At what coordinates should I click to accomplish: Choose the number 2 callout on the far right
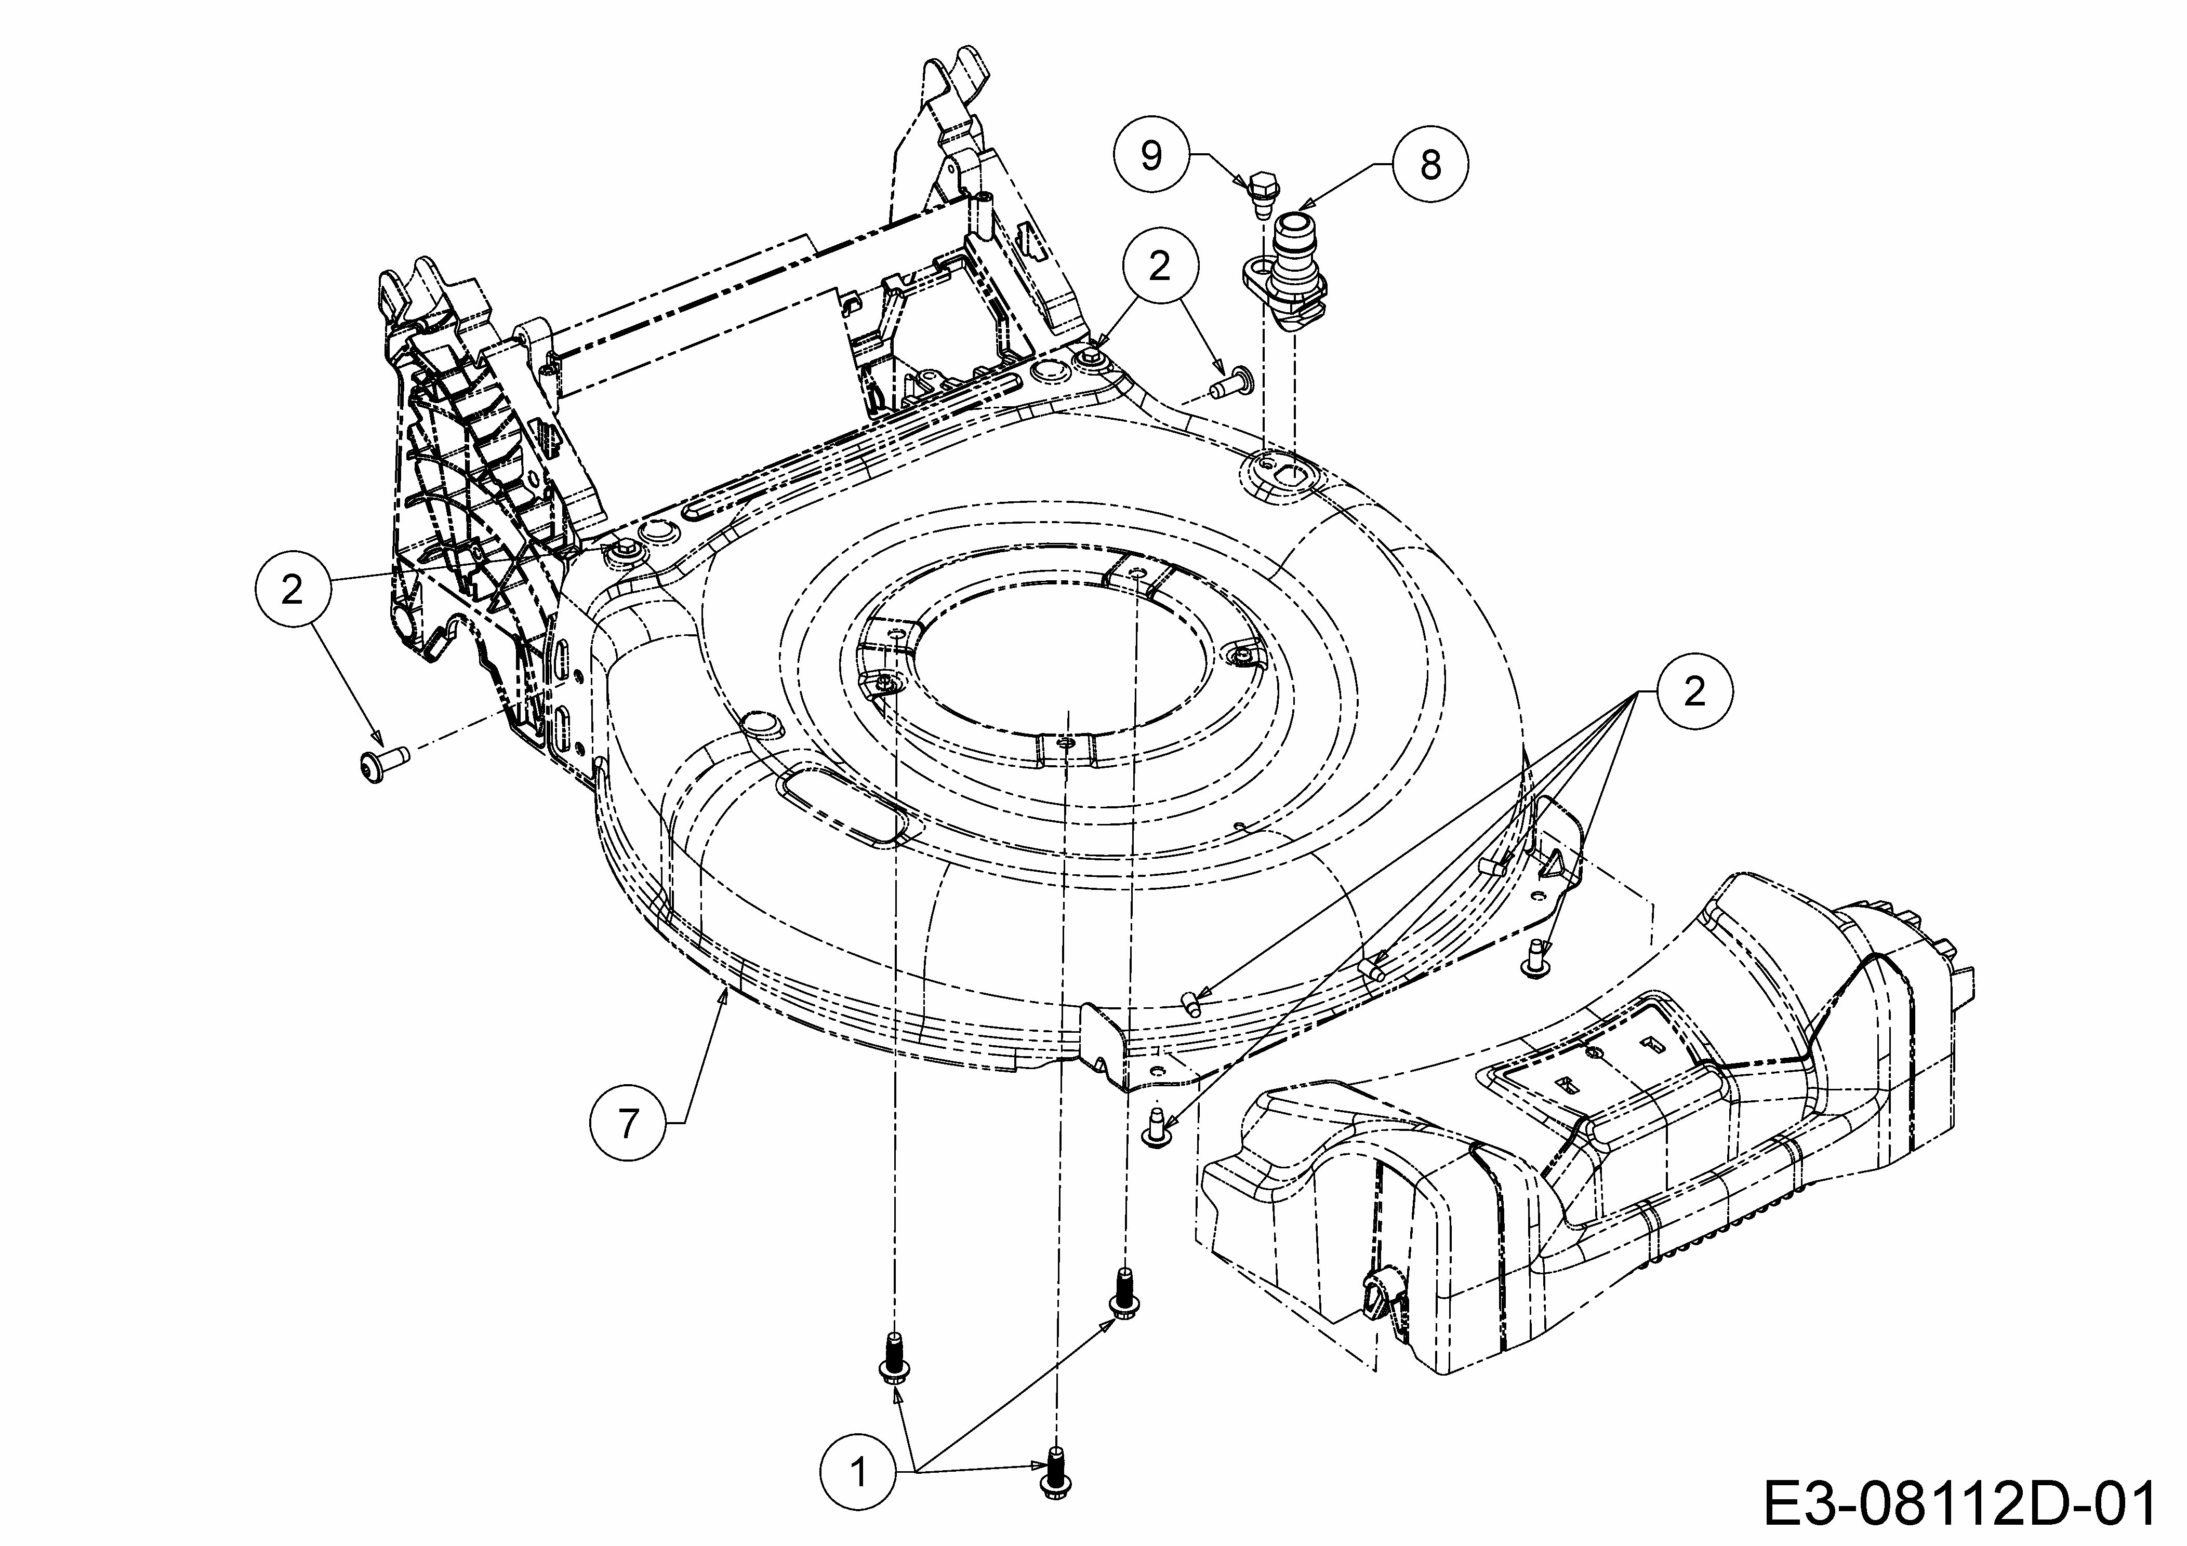tap(1693, 691)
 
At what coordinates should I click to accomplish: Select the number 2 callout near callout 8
tap(1158, 266)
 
